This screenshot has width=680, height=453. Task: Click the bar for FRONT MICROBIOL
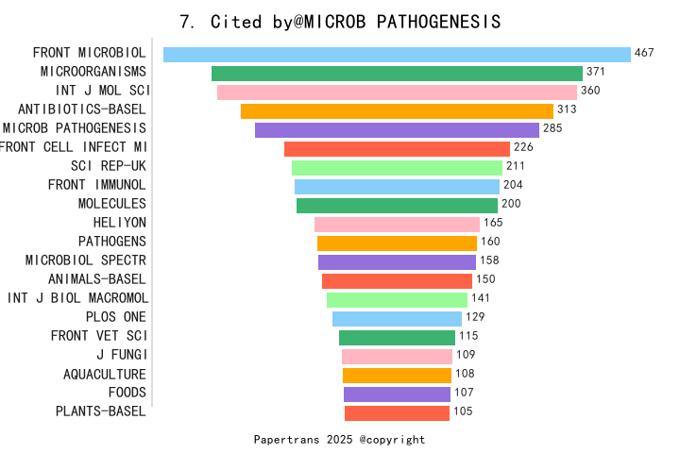click(x=397, y=55)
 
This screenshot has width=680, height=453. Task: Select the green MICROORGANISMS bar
click(x=397, y=74)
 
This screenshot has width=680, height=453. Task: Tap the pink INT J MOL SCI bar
click(x=397, y=92)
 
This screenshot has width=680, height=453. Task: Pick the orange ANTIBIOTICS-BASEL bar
click(x=397, y=111)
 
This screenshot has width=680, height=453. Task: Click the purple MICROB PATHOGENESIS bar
click(x=397, y=130)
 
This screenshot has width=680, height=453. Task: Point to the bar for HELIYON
click(x=397, y=225)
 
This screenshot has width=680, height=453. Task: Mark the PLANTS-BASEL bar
click(x=397, y=413)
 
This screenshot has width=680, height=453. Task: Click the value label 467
click(x=644, y=53)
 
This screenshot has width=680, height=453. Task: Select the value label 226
click(x=523, y=147)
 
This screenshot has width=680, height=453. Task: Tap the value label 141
click(x=481, y=298)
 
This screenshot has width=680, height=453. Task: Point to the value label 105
click(x=462, y=411)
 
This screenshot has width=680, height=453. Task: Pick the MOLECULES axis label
click(x=111, y=204)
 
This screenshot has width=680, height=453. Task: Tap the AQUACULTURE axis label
click(x=104, y=374)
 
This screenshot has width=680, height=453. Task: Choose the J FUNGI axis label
click(x=121, y=355)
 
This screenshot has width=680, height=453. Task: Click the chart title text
click(x=340, y=21)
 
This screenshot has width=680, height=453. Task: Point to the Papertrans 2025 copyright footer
click(x=339, y=440)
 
